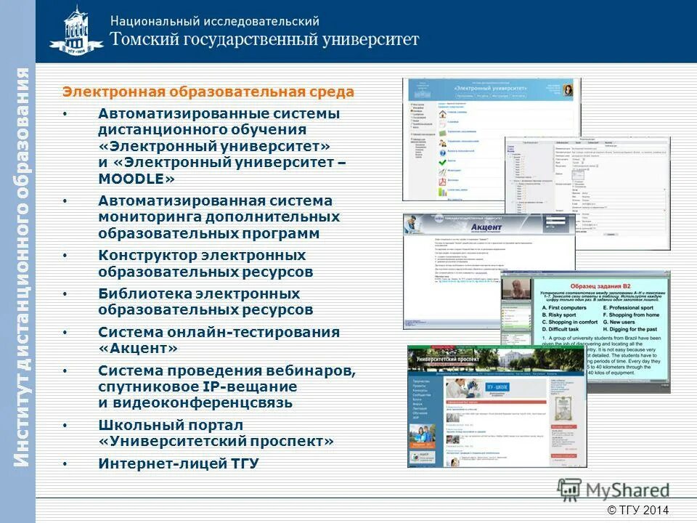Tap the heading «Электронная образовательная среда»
click(208, 92)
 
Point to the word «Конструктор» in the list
click(149, 256)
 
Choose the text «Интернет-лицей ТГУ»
click(179, 463)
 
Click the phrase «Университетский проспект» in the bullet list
click(216, 441)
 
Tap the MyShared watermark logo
click(614, 490)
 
